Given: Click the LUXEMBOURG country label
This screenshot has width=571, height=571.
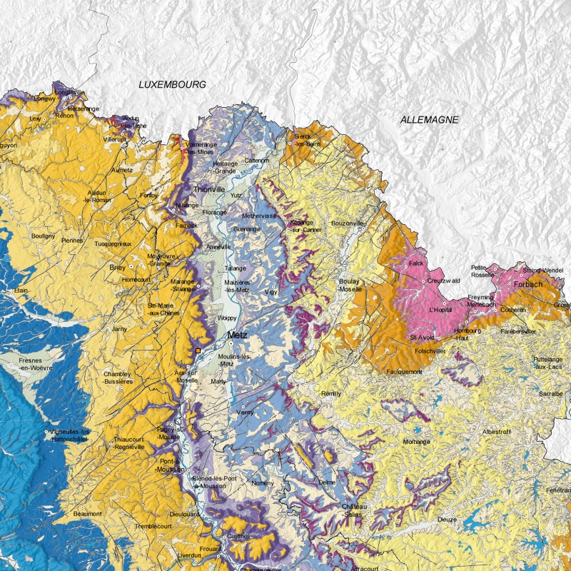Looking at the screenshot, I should click(x=172, y=84).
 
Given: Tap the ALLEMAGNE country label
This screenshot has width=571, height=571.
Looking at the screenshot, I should click(x=428, y=120).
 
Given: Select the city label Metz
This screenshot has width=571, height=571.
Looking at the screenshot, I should click(x=237, y=335).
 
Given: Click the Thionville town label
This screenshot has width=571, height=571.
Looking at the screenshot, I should click(x=210, y=190).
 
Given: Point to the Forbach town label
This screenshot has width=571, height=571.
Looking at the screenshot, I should click(x=528, y=283).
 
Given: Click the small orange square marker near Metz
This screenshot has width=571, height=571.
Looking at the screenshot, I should click(x=198, y=351).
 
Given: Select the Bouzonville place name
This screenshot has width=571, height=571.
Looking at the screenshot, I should click(x=348, y=223).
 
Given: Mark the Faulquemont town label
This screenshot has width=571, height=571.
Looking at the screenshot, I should click(x=404, y=372).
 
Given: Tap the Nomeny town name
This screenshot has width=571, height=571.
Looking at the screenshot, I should click(x=263, y=482).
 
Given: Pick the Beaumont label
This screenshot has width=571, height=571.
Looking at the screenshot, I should click(x=88, y=513).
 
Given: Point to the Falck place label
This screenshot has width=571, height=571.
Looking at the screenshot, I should click(x=416, y=263).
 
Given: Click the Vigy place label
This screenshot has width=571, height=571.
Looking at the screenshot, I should click(x=271, y=292).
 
